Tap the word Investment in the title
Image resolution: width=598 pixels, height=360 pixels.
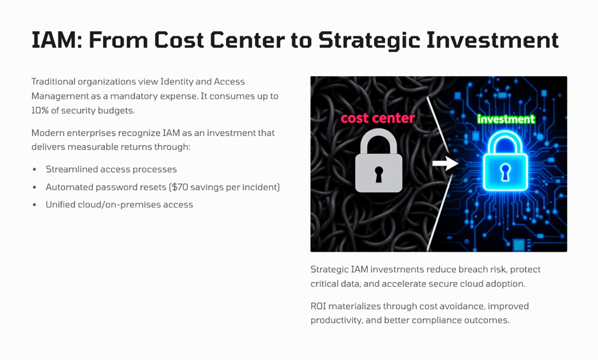coord(493,40)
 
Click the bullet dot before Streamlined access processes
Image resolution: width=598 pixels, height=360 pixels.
coord(35,169)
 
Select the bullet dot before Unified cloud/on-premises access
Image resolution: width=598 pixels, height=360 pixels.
coord(35,205)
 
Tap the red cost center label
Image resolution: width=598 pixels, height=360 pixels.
coord(377,118)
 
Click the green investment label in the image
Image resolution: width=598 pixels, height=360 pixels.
coord(506,120)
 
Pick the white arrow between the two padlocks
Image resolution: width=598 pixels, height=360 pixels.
coord(445,163)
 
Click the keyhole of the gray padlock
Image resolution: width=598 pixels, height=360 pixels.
coord(379,174)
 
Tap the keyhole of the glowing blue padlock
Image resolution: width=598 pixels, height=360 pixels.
coord(505,172)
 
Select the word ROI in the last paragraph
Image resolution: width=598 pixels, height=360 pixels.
coord(318,306)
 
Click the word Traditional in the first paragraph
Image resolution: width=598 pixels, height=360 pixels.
coord(53,81)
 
